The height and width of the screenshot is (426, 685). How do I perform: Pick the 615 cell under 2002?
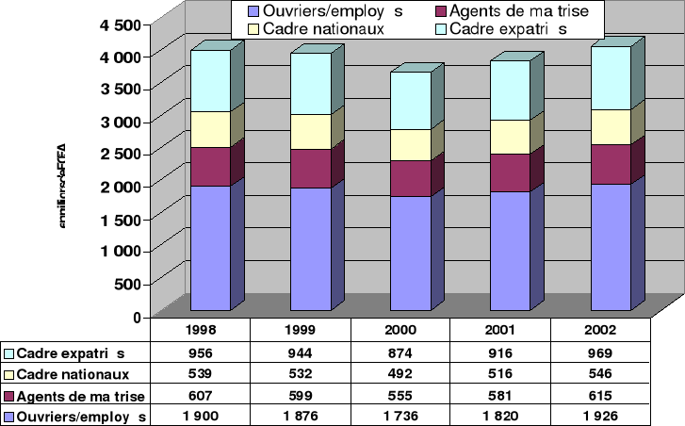coord(599,395)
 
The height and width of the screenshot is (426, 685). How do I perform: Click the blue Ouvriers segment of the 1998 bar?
coord(210,247)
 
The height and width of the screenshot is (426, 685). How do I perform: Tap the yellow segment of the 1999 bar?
coord(309,131)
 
